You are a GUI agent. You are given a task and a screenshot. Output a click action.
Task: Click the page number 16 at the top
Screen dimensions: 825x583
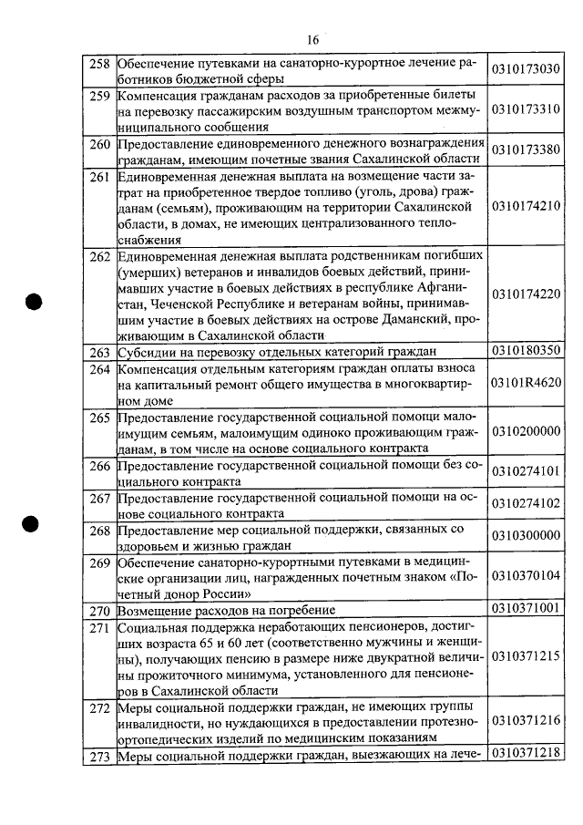coord(312,40)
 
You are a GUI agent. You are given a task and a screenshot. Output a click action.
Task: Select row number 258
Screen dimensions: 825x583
coord(99,64)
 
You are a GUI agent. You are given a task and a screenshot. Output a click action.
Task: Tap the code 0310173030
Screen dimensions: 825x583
coord(525,70)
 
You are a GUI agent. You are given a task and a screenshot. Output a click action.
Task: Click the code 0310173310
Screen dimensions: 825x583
coord(525,109)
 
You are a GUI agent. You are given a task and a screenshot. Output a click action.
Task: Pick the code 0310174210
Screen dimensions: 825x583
coord(525,206)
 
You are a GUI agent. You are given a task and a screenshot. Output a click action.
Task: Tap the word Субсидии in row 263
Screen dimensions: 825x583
coord(149,352)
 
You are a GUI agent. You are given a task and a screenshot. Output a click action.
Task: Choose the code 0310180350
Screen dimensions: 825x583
coord(525,351)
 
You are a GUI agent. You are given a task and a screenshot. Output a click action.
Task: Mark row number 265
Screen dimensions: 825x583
coord(99,418)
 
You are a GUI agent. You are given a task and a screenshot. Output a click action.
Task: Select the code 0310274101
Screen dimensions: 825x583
coord(525,471)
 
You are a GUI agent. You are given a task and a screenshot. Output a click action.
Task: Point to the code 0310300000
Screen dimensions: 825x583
coord(525,536)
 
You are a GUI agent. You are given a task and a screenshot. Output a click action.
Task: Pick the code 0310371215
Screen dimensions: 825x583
coord(525,657)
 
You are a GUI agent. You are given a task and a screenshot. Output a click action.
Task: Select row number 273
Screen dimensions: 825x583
coord(99,754)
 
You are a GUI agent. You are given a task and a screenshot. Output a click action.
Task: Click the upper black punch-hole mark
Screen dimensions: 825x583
coord(35,304)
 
